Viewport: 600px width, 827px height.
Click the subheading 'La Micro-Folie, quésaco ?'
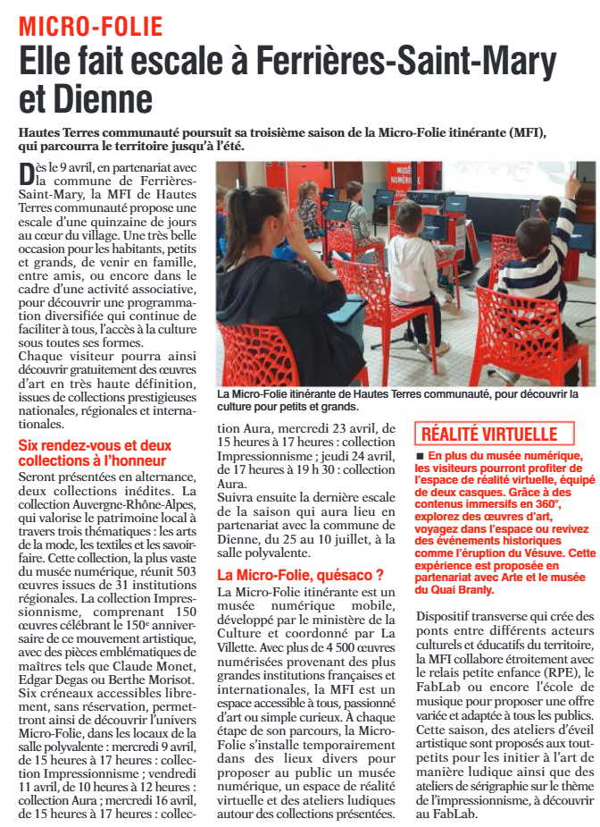pyautogui.click(x=301, y=575)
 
